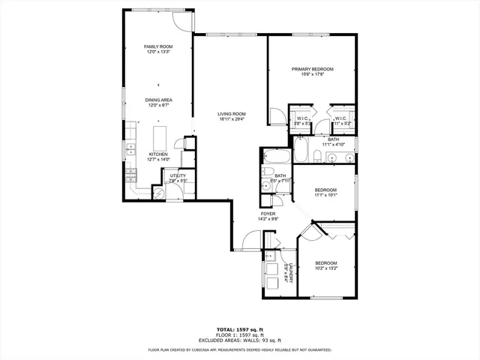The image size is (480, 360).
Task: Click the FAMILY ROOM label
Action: (x=158, y=46)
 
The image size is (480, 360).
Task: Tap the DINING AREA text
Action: (x=158, y=100)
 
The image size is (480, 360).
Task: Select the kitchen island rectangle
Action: (x=160, y=138)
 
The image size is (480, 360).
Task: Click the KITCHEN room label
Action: (x=158, y=154)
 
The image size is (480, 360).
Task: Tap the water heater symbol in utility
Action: (x=157, y=191)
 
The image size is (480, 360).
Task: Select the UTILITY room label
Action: (x=177, y=175)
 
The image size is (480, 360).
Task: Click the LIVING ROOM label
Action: (x=232, y=113)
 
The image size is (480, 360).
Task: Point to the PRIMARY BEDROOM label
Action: (x=312, y=69)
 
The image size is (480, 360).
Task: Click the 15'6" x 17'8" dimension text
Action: (x=312, y=74)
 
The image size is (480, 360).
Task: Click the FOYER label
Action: (x=268, y=214)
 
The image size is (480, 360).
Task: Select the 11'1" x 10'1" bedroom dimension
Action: (x=325, y=195)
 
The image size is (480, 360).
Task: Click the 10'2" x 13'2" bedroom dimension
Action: (x=325, y=268)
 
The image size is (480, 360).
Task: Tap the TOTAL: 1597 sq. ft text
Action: (x=239, y=329)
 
